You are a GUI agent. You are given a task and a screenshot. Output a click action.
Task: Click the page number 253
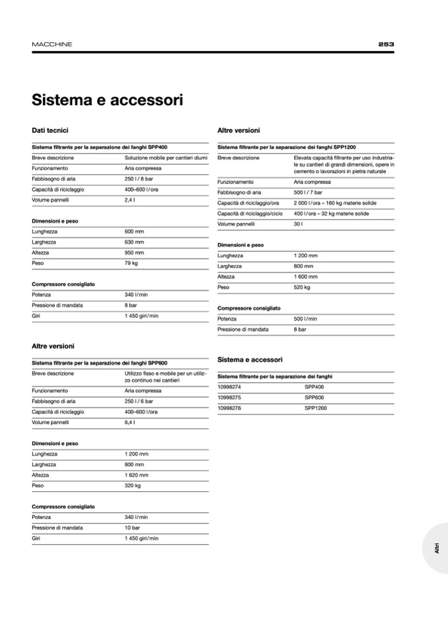386,44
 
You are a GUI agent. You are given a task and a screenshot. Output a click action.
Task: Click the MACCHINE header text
52,44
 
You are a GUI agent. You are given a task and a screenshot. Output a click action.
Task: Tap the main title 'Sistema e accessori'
107,100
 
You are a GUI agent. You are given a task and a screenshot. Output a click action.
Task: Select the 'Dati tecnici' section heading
50,131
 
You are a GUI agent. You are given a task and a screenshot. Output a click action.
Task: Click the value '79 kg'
131,263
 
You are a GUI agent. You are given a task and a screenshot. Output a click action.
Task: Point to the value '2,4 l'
130,200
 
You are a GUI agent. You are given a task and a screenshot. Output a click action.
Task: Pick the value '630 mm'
134,242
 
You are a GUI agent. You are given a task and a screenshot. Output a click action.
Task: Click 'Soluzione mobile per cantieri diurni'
166,158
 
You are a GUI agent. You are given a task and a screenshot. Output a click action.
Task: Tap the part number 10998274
229,387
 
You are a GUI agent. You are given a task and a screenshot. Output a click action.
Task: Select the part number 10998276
229,408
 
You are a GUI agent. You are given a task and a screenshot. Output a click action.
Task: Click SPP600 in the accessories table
314,397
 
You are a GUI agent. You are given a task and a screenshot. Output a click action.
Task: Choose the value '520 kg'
302,288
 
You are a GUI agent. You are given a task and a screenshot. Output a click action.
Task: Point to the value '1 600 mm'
305,277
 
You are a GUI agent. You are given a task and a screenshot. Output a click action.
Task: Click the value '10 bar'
132,528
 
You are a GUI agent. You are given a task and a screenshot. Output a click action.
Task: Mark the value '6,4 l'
130,422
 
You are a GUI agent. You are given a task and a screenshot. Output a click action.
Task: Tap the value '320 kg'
132,485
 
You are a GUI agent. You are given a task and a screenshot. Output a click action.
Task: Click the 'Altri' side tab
437,548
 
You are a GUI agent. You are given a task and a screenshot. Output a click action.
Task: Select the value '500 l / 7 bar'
308,192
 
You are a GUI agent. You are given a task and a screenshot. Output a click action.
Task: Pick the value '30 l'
299,224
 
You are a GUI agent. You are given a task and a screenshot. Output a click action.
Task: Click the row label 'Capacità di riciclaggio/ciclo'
250,214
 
